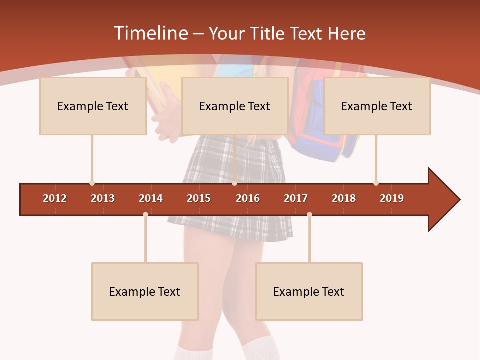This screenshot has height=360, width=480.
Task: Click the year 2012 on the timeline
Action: [x=55, y=198]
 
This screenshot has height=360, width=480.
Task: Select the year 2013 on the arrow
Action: [x=103, y=198]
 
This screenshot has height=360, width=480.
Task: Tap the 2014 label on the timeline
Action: [x=151, y=198]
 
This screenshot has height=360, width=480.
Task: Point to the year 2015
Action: [x=199, y=198]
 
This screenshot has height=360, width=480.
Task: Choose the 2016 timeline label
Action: [x=248, y=198]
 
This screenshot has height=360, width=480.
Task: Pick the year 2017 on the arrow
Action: [x=296, y=198]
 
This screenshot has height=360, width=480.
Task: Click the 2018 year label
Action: [x=344, y=198]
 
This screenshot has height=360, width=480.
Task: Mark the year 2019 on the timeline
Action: [x=392, y=198]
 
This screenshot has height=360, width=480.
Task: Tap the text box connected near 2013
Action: [x=93, y=106]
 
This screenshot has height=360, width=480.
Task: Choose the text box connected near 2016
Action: [x=235, y=106]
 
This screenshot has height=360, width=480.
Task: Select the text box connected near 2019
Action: [x=377, y=106]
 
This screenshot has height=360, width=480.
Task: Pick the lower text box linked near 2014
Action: [x=145, y=292]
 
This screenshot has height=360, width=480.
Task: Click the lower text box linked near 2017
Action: [x=309, y=292]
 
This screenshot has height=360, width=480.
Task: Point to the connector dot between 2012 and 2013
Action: [x=92, y=183]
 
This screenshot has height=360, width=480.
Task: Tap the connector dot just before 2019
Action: [x=376, y=183]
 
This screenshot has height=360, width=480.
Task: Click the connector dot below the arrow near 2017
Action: [x=309, y=214]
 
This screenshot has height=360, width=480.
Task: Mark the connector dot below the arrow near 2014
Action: [x=145, y=214]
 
